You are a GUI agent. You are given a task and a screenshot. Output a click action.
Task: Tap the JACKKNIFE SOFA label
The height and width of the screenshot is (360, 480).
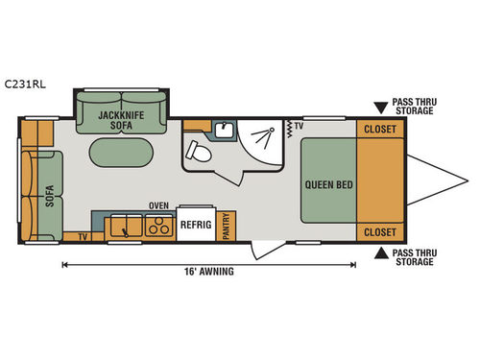coord(121,120)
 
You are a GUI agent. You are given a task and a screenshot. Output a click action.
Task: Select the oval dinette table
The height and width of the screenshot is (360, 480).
coord(122,155)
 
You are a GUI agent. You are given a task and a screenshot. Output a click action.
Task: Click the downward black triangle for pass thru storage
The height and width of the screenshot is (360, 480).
coord(382,102)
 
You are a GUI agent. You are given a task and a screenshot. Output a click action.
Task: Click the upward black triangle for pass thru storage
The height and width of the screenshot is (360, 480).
coord(382,252)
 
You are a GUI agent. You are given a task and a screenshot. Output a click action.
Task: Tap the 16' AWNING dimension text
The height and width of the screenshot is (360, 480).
coord(210,271)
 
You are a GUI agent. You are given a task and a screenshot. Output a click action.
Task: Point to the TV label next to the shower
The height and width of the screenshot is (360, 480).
coord(299,126)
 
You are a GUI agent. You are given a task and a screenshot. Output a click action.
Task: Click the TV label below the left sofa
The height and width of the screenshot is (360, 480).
coord(84,235)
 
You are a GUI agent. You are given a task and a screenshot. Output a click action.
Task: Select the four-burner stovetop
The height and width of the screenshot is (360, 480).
coord(152,226)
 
